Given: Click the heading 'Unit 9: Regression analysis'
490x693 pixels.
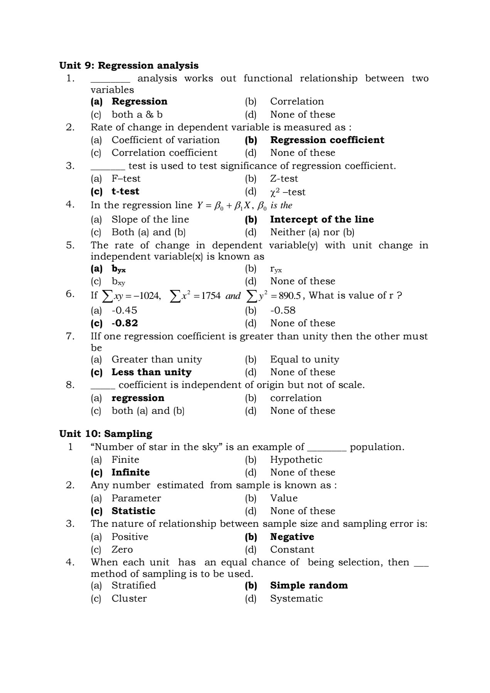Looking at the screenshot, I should coord(129,66).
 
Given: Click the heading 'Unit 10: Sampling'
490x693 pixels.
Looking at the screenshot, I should coord(106,434).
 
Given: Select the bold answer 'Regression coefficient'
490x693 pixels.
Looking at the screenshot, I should coord(327,140).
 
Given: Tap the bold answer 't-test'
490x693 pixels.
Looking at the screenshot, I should coord(125,191).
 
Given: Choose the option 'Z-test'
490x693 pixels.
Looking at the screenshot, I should coord(284,179).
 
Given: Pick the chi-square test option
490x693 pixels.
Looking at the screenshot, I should coord(288,192).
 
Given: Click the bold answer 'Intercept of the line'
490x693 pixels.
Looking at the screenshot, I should coord(322,219).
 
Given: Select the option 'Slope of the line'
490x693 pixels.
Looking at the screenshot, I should coord(150,219).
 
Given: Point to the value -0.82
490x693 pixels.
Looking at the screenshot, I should coord(125,323).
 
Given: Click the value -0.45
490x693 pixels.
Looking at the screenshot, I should coord(124,310).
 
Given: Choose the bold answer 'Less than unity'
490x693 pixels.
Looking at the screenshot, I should coord(152,372).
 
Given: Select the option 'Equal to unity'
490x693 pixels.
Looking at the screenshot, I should coord(305,359).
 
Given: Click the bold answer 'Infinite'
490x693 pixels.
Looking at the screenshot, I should coord(131,472).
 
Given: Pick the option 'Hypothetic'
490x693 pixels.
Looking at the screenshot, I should coord(296,460).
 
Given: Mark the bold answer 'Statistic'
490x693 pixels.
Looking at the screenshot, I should coord(133,511).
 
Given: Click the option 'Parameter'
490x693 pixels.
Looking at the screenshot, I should coord(136,498).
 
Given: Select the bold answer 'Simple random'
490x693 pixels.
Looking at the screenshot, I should coord(309,585).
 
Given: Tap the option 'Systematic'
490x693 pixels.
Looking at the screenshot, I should coord(296,599).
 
